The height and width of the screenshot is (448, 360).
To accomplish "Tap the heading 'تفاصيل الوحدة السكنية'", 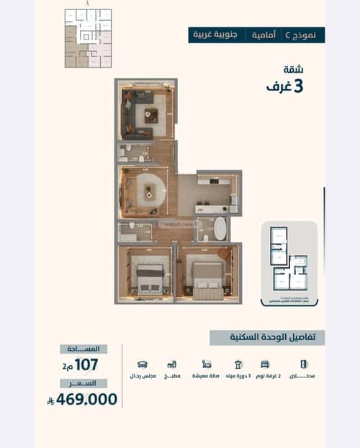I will [267, 338].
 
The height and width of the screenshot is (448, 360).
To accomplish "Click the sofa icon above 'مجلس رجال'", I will [142, 364].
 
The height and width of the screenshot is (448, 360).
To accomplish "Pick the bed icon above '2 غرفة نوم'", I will [266, 364].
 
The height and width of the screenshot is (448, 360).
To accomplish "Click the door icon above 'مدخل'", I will [297, 364].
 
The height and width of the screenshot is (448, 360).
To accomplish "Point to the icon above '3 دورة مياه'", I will [236, 364].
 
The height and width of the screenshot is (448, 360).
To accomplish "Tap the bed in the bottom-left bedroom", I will [150, 277].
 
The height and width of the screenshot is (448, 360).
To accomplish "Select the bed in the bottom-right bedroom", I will [207, 277].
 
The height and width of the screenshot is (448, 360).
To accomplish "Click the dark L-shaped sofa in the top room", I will [134, 120].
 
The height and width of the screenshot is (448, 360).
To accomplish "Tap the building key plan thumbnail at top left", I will [88, 38].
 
